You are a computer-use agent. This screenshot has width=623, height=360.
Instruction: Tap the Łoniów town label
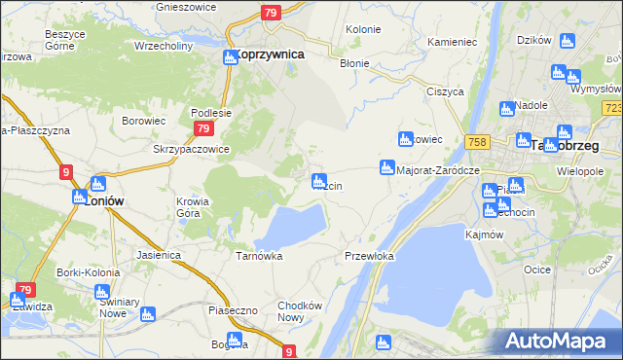pyautogui.click(x=103, y=201)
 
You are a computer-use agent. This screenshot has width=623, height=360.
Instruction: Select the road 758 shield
pyautogui.click(x=476, y=142)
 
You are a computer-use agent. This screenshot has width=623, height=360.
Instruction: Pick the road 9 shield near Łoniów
pyautogui.click(x=65, y=172)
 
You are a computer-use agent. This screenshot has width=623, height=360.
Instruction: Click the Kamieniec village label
pyautogui.click(x=451, y=43)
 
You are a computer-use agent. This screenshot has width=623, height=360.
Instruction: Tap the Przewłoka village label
pyautogui.click(x=369, y=256)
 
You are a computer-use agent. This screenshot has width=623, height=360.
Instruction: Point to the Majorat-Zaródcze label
pyautogui.click(x=440, y=169)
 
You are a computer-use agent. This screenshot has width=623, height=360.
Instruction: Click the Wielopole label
pyautogui.click(x=582, y=170)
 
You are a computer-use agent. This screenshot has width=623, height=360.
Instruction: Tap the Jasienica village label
pyautogui.click(x=160, y=255)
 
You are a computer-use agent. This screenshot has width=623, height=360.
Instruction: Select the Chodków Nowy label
pyautogui.click(x=299, y=310)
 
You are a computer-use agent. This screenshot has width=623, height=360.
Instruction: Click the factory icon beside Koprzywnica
pyautogui.click(x=230, y=56)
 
